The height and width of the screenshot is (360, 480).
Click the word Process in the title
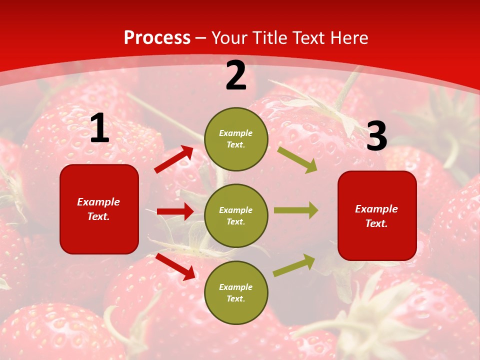pyautogui.click(x=157, y=38)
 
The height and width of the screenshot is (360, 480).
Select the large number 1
pyautogui.click(x=99, y=128)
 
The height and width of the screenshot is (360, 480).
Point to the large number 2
pyautogui.click(x=236, y=75)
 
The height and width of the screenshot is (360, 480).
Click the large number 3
pyautogui.click(x=376, y=136)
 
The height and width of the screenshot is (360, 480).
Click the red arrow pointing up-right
pyautogui.click(x=174, y=159)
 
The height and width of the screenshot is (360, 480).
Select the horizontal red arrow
pyautogui.click(x=175, y=211)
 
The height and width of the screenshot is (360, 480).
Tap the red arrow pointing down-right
pyautogui.click(x=175, y=266)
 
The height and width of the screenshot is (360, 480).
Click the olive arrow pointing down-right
pyautogui.click(x=297, y=159)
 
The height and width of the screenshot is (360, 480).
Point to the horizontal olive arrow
pyautogui.click(x=296, y=210)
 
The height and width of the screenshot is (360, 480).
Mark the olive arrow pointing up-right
pyautogui.click(x=294, y=265)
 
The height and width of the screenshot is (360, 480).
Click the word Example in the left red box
pyautogui.click(x=98, y=202)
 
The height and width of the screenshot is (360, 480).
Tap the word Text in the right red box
pyautogui.click(x=376, y=223)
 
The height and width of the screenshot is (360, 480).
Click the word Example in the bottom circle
pyautogui.click(x=235, y=287)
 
